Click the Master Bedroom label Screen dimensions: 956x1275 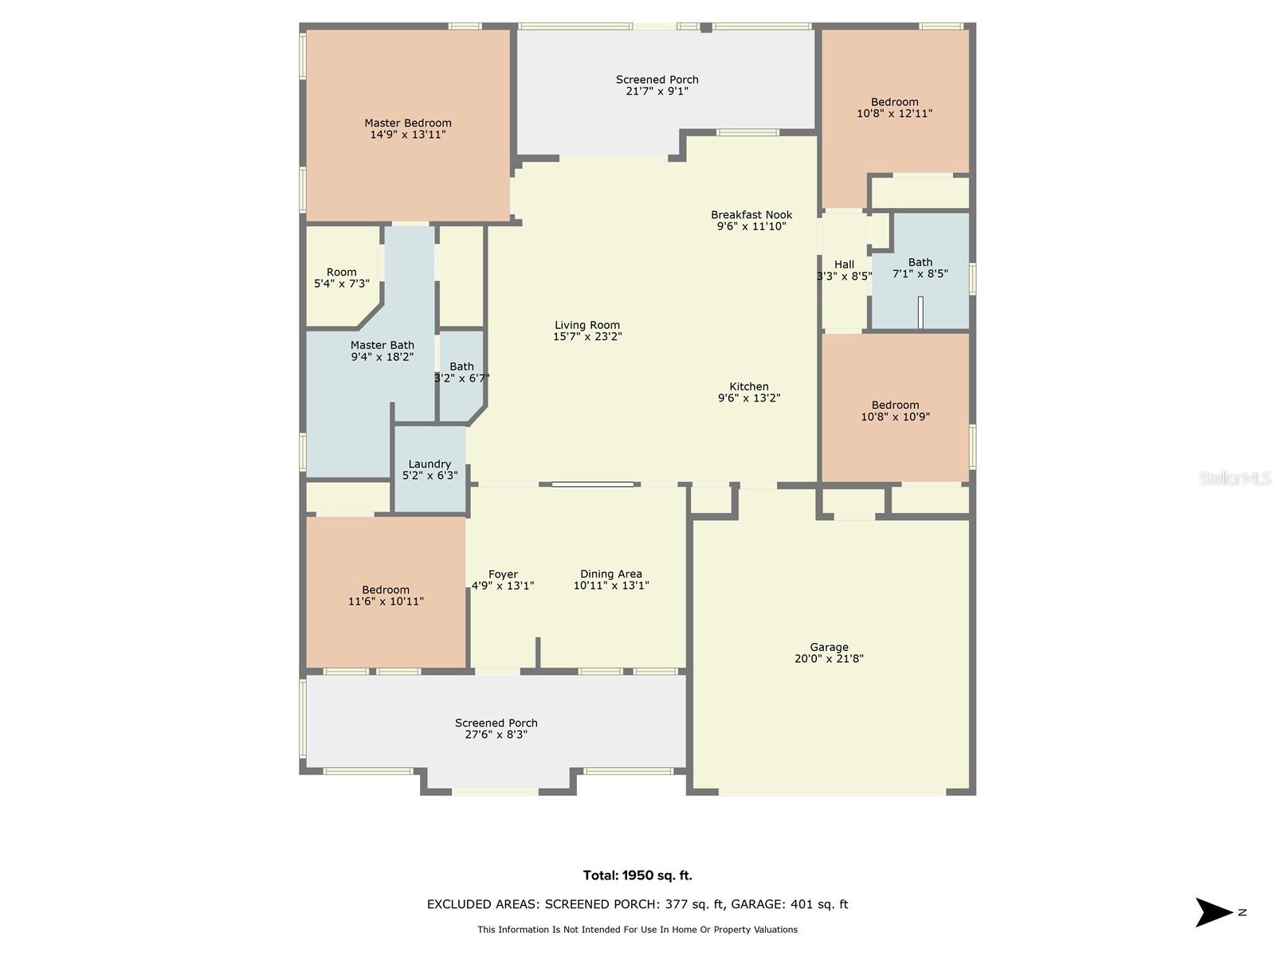[407, 123]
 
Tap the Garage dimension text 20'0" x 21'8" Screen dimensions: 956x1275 [829, 659]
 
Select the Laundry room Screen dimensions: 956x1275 [430, 469]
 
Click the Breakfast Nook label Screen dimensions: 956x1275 [751, 215]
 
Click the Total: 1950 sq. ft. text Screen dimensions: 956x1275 [637, 876]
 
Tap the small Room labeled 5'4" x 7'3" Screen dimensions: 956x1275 [341, 277]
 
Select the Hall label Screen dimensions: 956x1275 [844, 264]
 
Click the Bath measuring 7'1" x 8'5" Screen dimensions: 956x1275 [920, 268]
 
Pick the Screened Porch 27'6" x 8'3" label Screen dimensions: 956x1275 [496, 723]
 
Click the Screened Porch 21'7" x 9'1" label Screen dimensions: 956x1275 [657, 80]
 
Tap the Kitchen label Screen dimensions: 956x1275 [748, 387]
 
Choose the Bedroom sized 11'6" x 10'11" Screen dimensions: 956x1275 [386, 596]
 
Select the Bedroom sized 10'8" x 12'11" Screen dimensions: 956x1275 [894, 108]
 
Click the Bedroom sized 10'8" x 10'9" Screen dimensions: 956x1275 [895, 410]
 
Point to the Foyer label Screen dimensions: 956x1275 [503, 574]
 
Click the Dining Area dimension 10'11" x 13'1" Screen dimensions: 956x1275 [611, 586]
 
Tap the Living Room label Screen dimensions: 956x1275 [587, 325]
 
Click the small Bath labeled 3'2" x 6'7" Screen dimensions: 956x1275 [461, 372]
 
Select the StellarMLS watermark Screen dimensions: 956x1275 [1234, 478]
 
